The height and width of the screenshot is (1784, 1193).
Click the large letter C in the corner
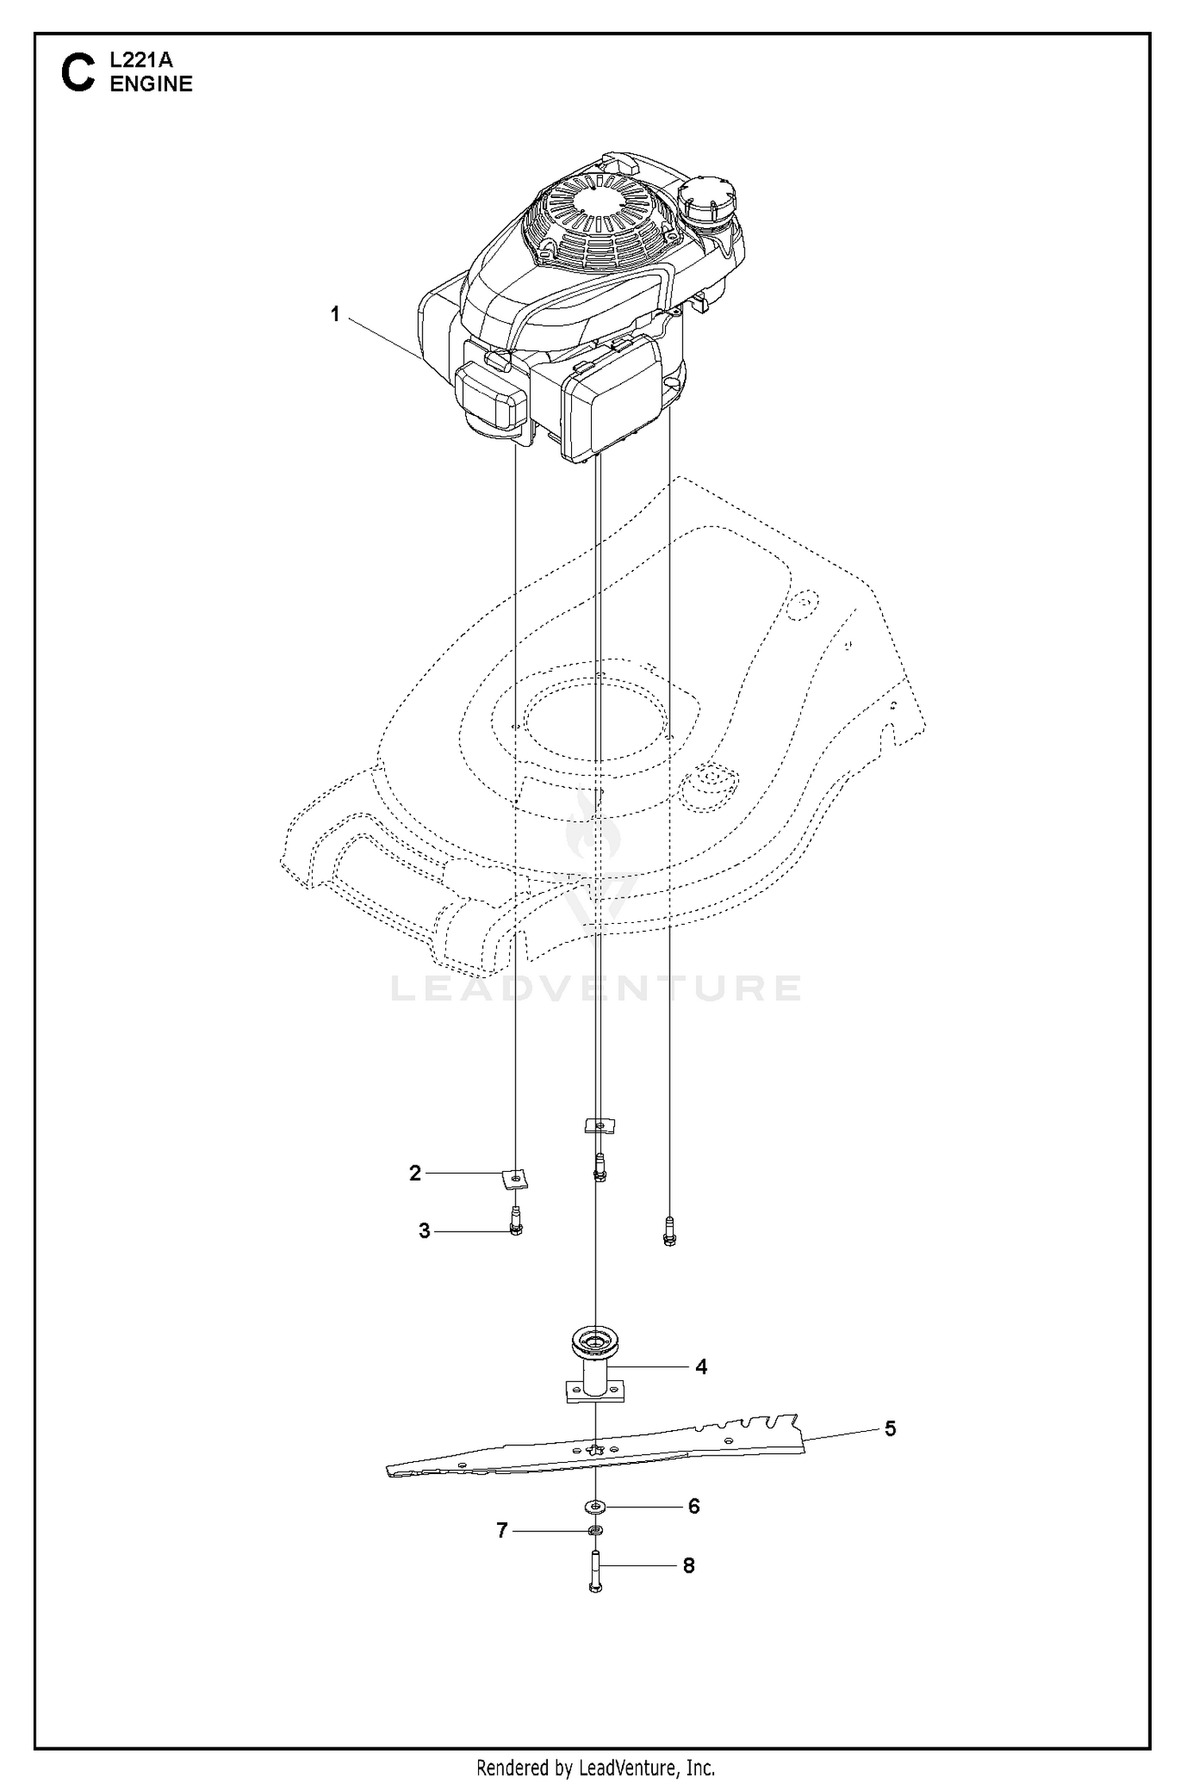(x=78, y=73)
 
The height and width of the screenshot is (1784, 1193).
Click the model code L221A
(x=141, y=60)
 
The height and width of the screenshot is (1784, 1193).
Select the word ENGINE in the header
(x=151, y=84)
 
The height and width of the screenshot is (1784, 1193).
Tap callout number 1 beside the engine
(x=335, y=315)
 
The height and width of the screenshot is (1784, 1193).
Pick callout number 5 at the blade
(x=890, y=1429)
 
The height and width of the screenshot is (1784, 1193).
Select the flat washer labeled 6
(x=595, y=1505)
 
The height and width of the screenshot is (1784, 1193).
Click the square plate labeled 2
(x=516, y=1177)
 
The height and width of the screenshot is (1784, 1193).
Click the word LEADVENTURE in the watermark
(x=596, y=987)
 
